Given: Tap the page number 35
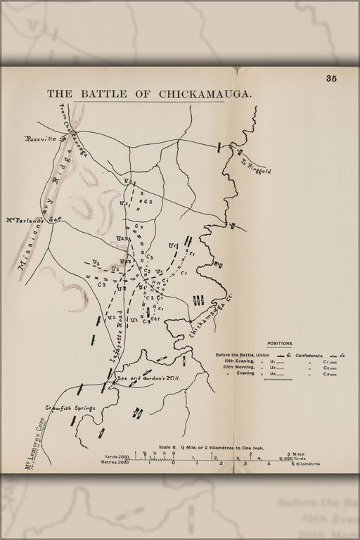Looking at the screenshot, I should click(331, 79).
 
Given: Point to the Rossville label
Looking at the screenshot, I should click(44, 139).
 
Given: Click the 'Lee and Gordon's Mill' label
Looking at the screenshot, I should click(149, 378).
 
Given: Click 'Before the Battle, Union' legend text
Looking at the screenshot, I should click(242, 355).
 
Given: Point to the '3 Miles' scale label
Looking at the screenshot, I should click(294, 455).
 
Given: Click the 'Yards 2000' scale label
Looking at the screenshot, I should click(116, 456).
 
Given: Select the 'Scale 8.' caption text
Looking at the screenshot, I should click(169, 447).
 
